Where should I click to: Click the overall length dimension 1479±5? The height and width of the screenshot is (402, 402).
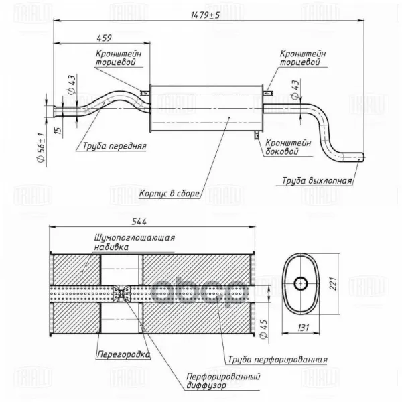tap(206, 15)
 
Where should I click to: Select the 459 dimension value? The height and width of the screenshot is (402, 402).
tap(105, 38)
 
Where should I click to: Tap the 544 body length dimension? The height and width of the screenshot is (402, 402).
tap(139, 221)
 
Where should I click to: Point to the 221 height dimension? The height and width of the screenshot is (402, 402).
tap(332, 283)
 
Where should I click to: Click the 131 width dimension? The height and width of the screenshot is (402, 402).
tap(304, 328)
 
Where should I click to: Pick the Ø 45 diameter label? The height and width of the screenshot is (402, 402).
tap(263, 329)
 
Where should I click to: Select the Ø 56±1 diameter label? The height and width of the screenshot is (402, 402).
tap(42, 147)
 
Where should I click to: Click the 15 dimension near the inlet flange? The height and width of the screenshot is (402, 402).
tap(58, 130)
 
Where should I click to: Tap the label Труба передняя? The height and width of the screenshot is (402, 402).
tap(115, 146)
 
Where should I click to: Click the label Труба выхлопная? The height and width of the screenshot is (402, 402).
tap(317, 180)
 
